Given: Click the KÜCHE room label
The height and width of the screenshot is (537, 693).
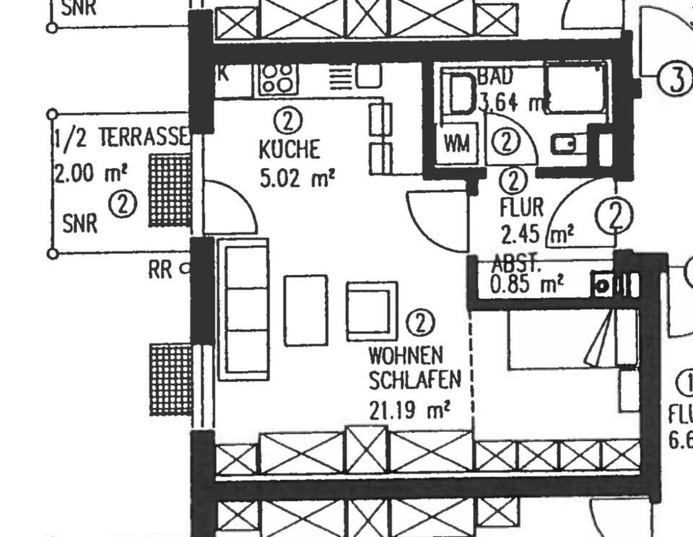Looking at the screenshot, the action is coord(289,150).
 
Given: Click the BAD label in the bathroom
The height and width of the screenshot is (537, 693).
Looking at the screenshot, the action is coord(495,77).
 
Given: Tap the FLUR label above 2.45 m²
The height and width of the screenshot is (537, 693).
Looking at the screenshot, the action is coord(521,208).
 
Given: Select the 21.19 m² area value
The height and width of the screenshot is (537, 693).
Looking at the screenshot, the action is coord(409,410).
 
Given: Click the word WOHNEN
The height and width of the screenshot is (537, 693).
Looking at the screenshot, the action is coord(405,355).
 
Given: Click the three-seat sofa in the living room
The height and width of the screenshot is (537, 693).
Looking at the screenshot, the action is coord(243,309).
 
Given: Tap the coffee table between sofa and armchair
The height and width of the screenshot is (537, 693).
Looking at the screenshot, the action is coord(305,310).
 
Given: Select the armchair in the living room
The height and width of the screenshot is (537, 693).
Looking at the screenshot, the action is coord(372,310).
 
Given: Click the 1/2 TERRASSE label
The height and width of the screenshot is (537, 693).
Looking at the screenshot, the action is coord(121,137).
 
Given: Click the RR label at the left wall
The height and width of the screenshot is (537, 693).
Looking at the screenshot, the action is coord(160,270).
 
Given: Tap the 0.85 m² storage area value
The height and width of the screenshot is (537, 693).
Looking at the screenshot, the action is coord(526,284).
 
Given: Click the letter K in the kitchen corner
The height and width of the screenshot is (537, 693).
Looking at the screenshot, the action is coord(223,73).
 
